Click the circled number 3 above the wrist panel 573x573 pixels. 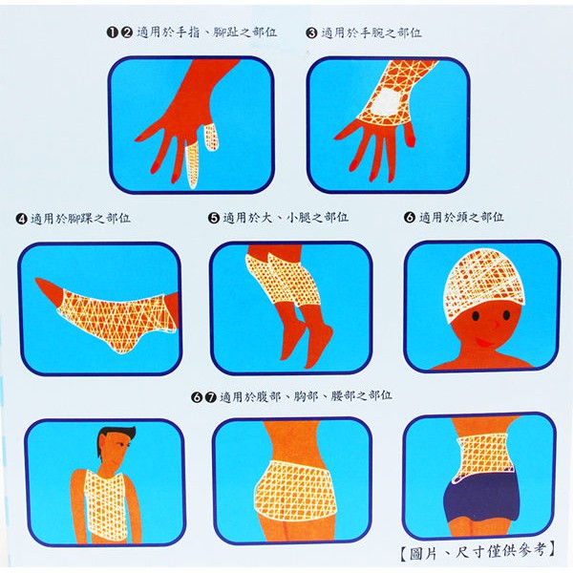click(311, 33)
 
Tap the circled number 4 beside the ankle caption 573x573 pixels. click(22, 219)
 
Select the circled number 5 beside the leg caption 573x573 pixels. click(213, 218)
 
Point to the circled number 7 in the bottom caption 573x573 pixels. click(211, 397)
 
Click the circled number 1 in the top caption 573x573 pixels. click(112, 32)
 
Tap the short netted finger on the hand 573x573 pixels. click(211, 138)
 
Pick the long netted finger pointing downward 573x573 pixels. click(192, 165)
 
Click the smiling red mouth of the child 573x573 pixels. click(484, 343)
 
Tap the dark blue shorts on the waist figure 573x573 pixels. click(481, 498)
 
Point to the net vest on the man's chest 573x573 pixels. click(104, 505)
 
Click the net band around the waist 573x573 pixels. click(481, 456)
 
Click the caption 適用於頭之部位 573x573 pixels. click(461, 218)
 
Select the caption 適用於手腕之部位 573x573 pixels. click(371, 32)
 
